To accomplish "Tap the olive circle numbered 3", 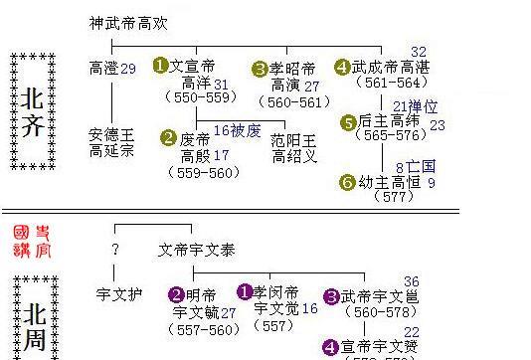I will [x=261, y=68].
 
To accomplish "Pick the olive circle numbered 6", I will [x=347, y=182].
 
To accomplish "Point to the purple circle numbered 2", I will [x=175, y=294].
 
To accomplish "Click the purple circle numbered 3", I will [x=331, y=295].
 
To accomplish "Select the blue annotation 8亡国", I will [x=416, y=166].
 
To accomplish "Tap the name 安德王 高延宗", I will [x=110, y=142].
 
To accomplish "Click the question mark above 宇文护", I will [x=115, y=250].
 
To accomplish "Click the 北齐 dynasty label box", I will [x=32, y=112].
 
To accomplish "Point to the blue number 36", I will [x=412, y=281].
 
